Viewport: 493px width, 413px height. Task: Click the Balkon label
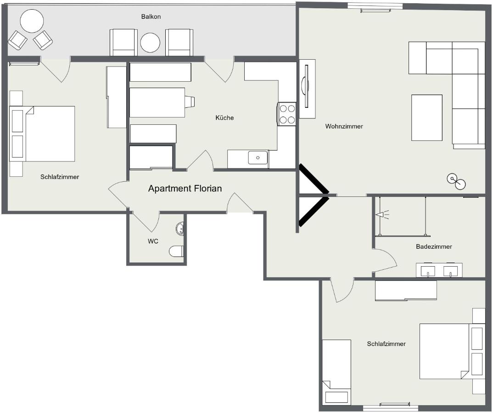click(151, 17)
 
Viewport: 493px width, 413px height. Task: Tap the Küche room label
click(224, 118)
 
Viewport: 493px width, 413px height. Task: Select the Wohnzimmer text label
click(344, 126)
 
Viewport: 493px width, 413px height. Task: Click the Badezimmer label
click(434, 246)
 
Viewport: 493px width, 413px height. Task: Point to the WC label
click(153, 241)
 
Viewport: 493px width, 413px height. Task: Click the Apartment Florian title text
click(185, 189)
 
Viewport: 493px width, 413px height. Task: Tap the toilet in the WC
click(177, 251)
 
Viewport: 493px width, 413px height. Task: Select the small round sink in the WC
click(181, 228)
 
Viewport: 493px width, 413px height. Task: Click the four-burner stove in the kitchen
click(287, 114)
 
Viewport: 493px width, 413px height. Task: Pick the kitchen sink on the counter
click(258, 158)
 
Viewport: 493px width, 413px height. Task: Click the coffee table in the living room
click(426, 117)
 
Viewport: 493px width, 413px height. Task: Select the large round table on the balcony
click(32, 21)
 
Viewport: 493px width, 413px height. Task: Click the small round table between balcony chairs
click(150, 43)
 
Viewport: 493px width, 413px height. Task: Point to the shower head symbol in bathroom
click(381, 215)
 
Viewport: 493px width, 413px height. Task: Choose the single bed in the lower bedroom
click(336, 372)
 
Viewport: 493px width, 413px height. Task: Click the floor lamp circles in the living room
click(456, 181)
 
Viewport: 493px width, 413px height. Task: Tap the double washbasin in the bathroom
click(439, 270)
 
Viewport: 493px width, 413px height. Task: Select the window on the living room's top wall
click(375, 6)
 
